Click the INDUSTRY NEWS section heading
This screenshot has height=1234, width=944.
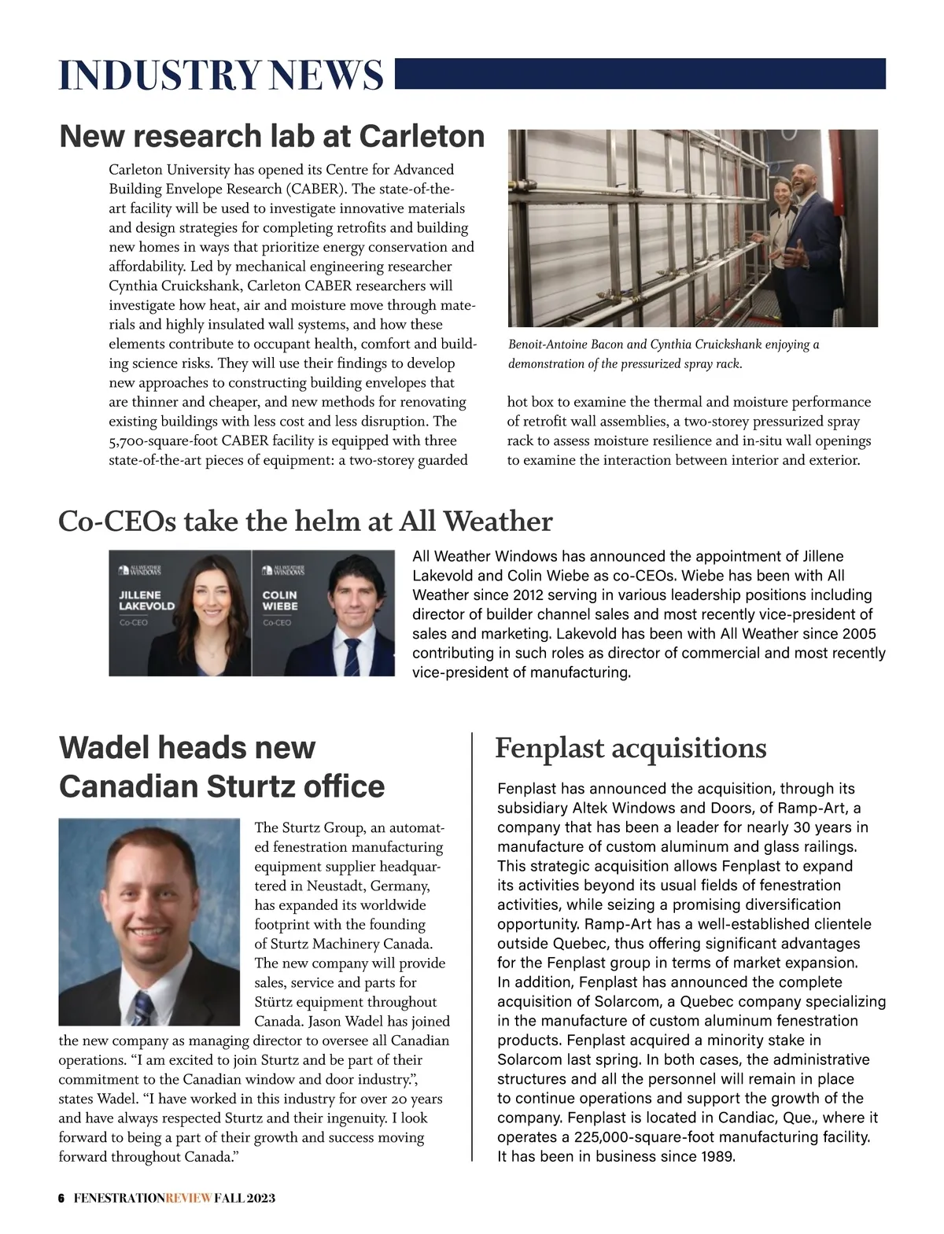click(x=221, y=76)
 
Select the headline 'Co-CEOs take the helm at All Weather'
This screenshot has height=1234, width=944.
click(x=305, y=521)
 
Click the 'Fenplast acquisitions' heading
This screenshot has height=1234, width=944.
click(x=630, y=747)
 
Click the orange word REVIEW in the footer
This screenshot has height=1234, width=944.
click(x=188, y=1198)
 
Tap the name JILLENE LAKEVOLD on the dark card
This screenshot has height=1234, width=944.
click(x=146, y=601)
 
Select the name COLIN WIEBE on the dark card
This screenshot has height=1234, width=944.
click(x=279, y=601)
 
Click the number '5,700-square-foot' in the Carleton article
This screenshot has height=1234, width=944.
click(x=164, y=441)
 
